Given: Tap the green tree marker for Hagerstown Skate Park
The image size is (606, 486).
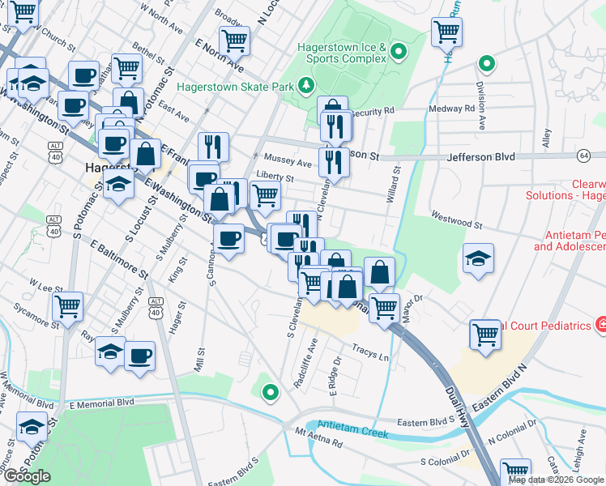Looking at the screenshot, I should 305,83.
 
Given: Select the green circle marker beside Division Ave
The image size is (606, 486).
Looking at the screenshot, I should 486,63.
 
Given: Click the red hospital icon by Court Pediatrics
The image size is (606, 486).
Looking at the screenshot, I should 602,326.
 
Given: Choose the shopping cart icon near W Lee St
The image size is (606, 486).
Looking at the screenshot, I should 67,306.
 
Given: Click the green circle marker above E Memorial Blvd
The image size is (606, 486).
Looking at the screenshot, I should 271,393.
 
